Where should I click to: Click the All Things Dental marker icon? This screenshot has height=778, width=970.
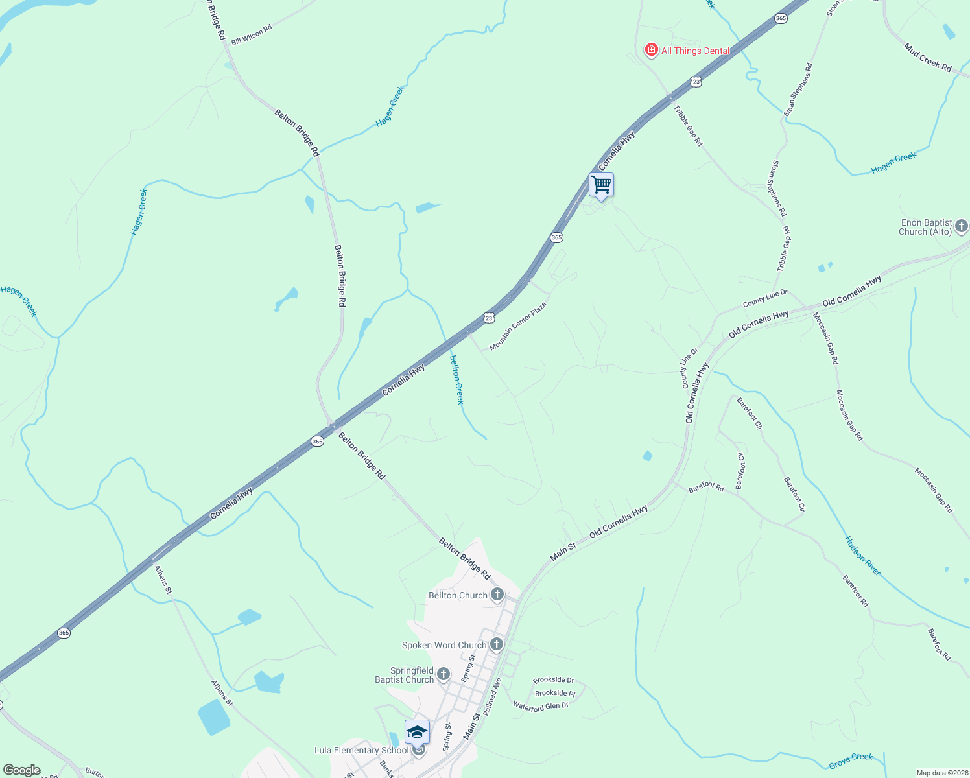[x=652, y=50]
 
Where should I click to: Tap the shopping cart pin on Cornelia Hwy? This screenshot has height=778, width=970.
[x=601, y=185]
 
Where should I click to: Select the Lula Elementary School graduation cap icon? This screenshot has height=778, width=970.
[x=417, y=733]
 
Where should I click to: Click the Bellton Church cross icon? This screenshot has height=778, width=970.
[x=497, y=595]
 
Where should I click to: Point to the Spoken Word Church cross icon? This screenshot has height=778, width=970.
[x=497, y=644]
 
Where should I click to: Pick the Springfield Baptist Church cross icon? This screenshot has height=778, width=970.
[x=444, y=675]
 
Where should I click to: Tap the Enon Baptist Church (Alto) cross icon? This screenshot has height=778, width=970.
[x=962, y=226]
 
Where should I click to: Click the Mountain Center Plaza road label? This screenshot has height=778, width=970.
[x=517, y=326]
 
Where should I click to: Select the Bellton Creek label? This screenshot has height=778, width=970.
[x=457, y=380]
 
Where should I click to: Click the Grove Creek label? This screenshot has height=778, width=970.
[x=851, y=760]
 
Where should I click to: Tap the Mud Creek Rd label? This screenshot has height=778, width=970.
[x=928, y=58]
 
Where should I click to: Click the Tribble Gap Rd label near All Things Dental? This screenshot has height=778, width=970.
[x=688, y=125]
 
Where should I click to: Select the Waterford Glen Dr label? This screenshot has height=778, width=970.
[x=540, y=706]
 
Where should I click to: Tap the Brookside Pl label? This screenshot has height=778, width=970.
[x=554, y=693]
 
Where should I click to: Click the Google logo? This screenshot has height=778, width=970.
[x=22, y=770]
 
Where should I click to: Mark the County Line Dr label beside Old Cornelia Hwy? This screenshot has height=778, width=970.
[x=689, y=368]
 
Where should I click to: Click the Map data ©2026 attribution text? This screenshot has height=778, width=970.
[x=941, y=773]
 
